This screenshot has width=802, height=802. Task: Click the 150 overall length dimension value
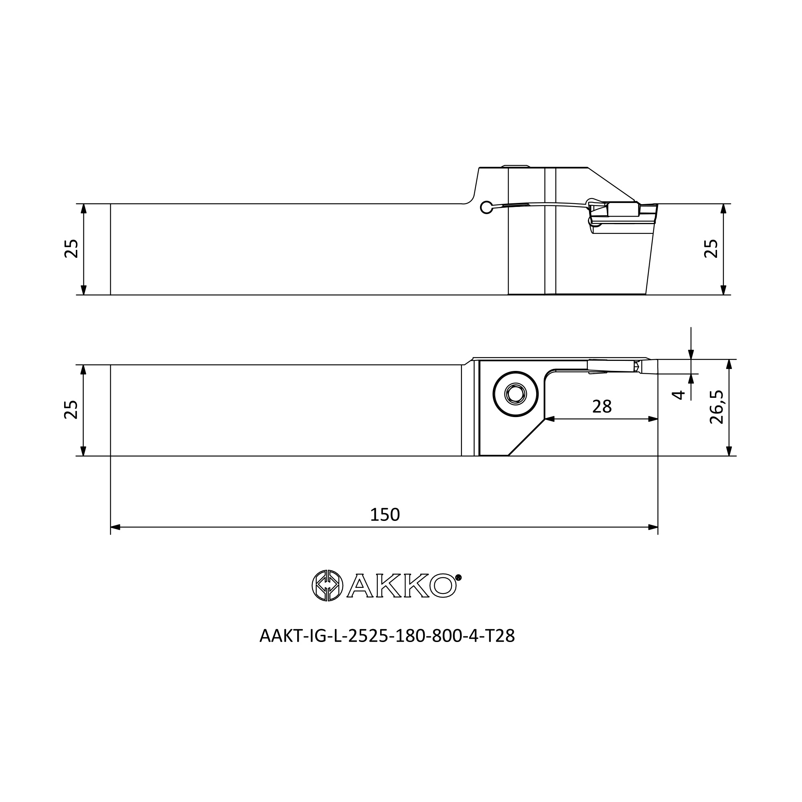[x=385, y=515]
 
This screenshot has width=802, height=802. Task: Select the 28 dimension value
[x=602, y=407]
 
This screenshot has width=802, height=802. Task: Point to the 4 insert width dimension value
[x=678, y=395]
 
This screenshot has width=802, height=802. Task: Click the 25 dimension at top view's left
[x=71, y=249]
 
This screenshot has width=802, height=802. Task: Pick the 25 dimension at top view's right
[x=711, y=249]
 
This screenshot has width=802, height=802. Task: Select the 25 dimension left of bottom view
[x=71, y=410]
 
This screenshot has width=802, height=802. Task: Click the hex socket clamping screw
[x=516, y=394]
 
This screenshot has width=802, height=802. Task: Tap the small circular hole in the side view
[x=486, y=207]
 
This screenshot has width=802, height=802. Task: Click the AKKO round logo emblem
[x=328, y=585]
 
